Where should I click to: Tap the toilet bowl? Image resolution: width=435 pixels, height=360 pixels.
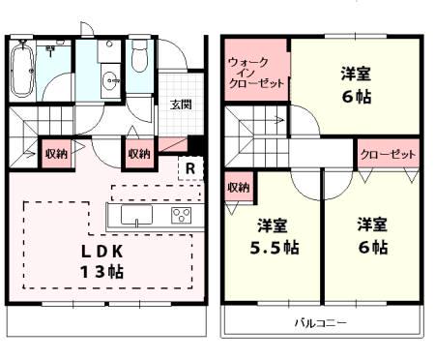click(x=139, y=60)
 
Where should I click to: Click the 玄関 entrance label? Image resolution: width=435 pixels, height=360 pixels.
click(x=181, y=105)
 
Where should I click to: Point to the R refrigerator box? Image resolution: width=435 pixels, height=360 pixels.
click(x=191, y=167)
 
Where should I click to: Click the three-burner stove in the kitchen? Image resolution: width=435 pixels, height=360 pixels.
click(x=181, y=214)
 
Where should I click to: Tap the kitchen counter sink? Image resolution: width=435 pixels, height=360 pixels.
click(x=134, y=214)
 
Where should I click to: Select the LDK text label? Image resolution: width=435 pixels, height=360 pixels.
click(x=102, y=250)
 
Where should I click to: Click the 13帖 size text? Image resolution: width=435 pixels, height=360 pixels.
click(x=102, y=272)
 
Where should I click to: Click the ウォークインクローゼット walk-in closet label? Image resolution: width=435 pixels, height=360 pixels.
click(x=256, y=73)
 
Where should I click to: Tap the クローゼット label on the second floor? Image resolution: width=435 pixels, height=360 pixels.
click(x=388, y=154)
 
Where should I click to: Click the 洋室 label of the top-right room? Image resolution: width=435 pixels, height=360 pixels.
click(x=355, y=73)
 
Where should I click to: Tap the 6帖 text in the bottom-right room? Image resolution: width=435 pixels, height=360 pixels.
click(x=372, y=248)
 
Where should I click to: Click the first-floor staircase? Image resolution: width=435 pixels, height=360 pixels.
click(x=43, y=123)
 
